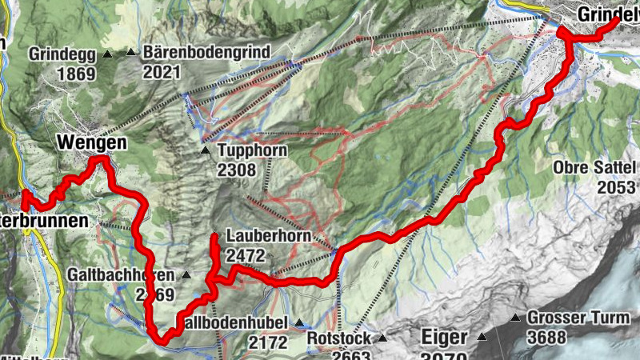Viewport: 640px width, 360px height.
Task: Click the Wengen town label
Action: (x=92, y=143)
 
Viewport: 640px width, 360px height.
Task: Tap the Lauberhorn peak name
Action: (x=264, y=237)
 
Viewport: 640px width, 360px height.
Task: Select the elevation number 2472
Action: (x=246, y=256)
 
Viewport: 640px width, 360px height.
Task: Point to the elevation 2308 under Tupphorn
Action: (x=236, y=170)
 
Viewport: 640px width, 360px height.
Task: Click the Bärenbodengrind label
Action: (x=207, y=53)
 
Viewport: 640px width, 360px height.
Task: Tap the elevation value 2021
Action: (x=163, y=72)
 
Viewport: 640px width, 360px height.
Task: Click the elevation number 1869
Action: (x=76, y=74)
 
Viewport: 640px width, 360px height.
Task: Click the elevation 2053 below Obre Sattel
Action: (x=618, y=186)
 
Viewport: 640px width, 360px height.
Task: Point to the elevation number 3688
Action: (x=546, y=337)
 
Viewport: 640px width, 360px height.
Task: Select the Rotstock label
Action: (x=339, y=338)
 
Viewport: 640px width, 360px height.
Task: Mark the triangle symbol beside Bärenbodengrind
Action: (x=131, y=53)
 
